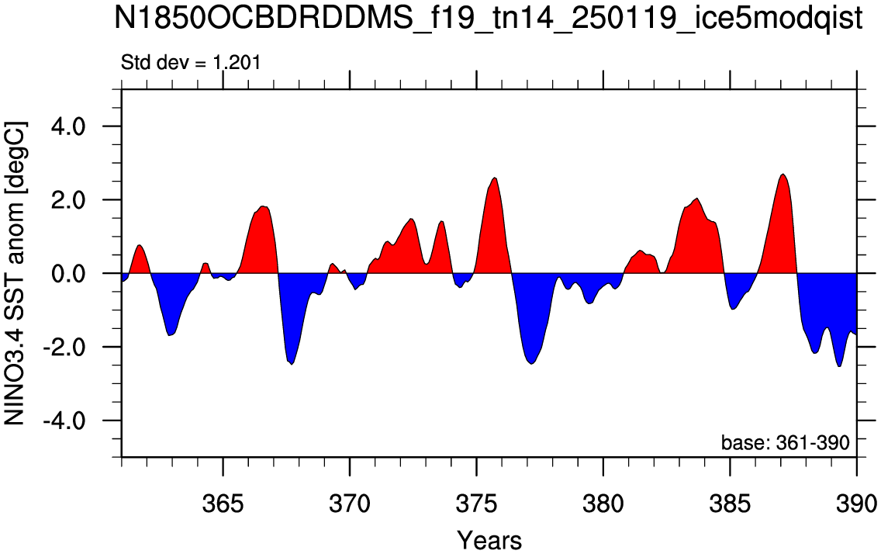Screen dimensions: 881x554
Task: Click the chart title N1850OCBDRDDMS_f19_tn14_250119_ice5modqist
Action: click(488, 19)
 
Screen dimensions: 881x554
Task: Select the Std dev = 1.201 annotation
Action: click(191, 62)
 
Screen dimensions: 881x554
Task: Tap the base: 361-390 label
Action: click(786, 443)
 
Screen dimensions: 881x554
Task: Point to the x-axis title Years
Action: click(489, 540)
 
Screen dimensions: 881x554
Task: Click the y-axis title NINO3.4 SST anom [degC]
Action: click(16, 273)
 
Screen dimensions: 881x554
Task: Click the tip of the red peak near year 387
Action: click(783, 175)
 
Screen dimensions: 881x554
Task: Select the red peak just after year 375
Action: click(495, 178)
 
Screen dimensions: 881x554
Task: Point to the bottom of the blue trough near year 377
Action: click(531, 364)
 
